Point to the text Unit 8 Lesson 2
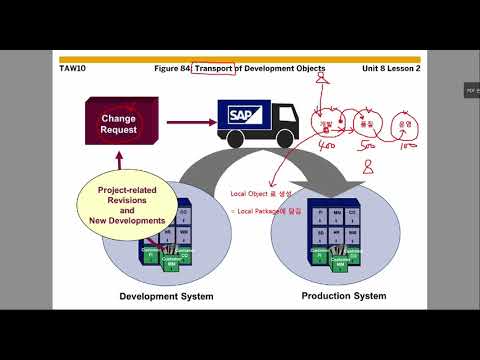click(x=390, y=68)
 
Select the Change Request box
click(x=118, y=124)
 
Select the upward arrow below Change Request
click(x=118, y=160)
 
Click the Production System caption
click(x=345, y=297)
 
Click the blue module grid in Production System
click(x=338, y=226)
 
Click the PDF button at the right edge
click(x=471, y=91)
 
